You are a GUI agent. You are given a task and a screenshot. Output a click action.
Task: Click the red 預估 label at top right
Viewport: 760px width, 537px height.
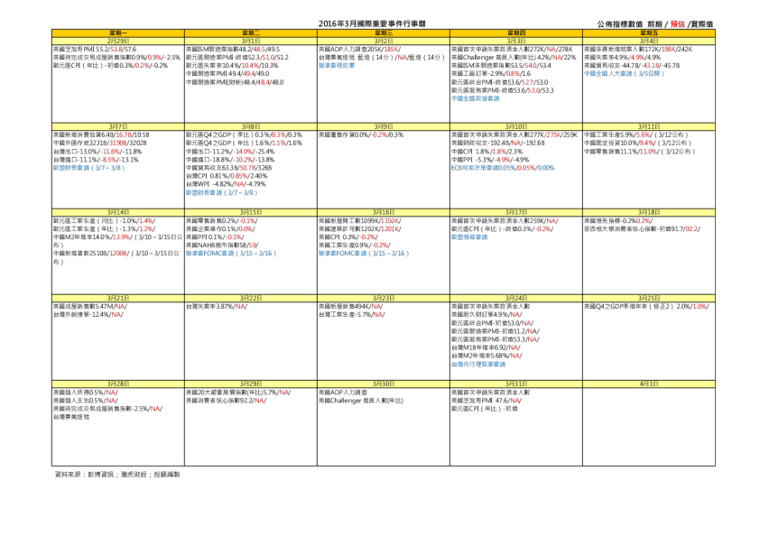pyautogui.click(x=677, y=24)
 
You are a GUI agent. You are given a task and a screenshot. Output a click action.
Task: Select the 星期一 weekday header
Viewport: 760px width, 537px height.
pyautogui.click(x=118, y=33)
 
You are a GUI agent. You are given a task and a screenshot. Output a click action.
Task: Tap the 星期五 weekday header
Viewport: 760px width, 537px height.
pyautogui.click(x=649, y=33)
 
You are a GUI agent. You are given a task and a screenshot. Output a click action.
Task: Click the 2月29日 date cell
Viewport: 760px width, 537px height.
pyautogui.click(x=118, y=41)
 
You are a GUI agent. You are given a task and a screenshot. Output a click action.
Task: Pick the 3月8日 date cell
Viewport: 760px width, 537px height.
pyautogui.click(x=251, y=127)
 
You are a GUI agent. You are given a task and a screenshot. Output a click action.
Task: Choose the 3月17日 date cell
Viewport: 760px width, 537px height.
pyautogui.click(x=516, y=212)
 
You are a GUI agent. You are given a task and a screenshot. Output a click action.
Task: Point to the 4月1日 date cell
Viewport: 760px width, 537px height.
pyautogui.click(x=649, y=384)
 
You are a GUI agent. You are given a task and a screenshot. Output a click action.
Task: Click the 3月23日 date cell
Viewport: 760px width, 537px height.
pyautogui.click(x=384, y=298)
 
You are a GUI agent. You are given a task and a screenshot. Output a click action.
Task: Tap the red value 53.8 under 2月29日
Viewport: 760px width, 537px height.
pyautogui.click(x=116, y=49)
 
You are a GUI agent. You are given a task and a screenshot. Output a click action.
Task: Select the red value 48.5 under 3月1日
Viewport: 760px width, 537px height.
pyautogui.click(x=258, y=49)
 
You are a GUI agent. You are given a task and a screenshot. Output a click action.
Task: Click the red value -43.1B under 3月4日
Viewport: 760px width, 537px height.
pyautogui.click(x=649, y=66)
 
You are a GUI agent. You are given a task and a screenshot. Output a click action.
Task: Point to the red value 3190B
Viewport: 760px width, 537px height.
pyautogui.click(x=117, y=143)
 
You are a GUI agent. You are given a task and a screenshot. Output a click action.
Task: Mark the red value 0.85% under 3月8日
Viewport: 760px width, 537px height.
pyautogui.click(x=239, y=176)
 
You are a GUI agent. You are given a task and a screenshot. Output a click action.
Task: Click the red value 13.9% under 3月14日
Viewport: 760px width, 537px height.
pyautogui.click(x=121, y=237)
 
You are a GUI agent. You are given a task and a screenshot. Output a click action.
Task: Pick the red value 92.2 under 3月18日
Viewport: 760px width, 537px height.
pyautogui.click(x=690, y=229)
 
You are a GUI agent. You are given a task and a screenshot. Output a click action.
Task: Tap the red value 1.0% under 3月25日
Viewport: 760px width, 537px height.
pyautogui.click(x=700, y=306)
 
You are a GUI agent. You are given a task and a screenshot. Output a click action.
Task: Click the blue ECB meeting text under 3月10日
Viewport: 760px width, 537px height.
pyautogui.click(x=503, y=168)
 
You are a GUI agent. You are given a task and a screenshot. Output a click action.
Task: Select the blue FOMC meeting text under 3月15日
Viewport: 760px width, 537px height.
pyautogui.click(x=230, y=254)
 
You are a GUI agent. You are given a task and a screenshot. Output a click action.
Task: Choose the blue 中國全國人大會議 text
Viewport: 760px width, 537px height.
pyautogui.click(x=624, y=74)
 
